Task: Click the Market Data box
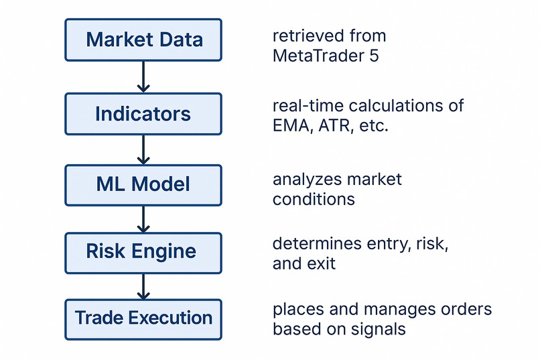(x=143, y=40)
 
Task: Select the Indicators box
(x=143, y=114)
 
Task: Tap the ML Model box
(x=143, y=185)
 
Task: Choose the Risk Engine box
(x=143, y=253)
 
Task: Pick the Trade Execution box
(x=143, y=320)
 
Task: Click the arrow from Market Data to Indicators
(x=143, y=77)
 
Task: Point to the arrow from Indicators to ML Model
(x=143, y=150)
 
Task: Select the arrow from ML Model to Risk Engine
(x=143, y=219)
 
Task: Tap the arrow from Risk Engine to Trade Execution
(x=143, y=287)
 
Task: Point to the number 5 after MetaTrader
(x=375, y=56)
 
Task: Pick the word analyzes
(x=307, y=180)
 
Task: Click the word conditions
(x=314, y=200)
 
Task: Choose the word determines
(x=317, y=243)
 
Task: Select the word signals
(x=378, y=329)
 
